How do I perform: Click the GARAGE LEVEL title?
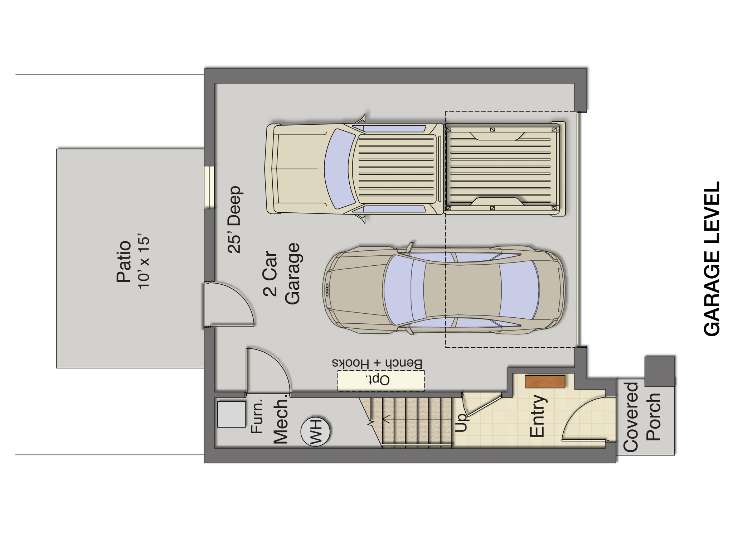pos(712,259)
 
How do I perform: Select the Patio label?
pos(124,261)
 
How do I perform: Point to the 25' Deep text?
pos(235,219)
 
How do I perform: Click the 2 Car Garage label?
pos(281,274)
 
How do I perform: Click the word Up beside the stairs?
pos(462,422)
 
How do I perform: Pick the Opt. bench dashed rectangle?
pos(381,380)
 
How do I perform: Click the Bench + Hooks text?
pos(377,363)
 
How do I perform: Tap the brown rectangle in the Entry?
pos(545,381)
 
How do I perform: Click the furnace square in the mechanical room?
pos(232,414)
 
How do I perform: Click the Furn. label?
pos(257,416)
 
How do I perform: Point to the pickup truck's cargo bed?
pos(501,169)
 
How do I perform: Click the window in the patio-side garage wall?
pos(209,187)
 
